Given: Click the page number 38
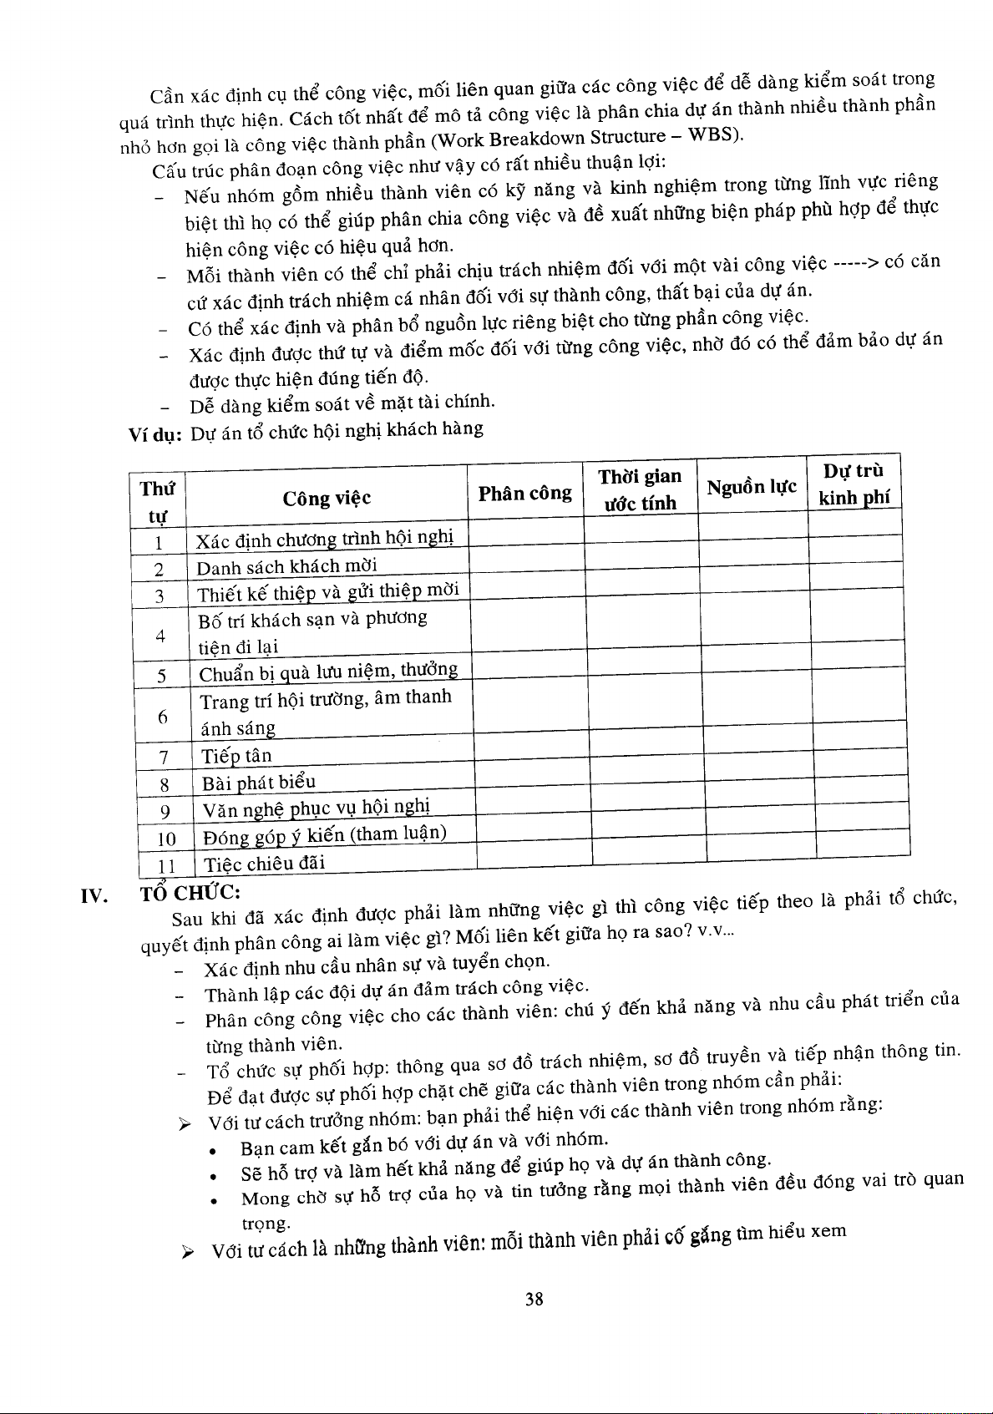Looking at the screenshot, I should tap(534, 1299).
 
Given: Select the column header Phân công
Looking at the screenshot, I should tap(524, 494).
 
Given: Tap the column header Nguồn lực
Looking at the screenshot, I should tap(752, 487).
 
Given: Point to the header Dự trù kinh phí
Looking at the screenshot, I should tap(854, 484).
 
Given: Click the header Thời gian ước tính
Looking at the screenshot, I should tap(640, 489).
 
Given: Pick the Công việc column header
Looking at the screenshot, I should tap(327, 499).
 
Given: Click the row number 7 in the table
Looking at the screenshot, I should tap(165, 758).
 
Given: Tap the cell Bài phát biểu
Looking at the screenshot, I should tap(259, 783).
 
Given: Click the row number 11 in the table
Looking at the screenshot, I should tap(167, 865).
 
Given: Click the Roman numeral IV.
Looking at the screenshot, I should tap(93, 897).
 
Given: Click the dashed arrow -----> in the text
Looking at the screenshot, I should tap(854, 263).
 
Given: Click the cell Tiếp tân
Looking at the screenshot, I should tap(237, 756).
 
